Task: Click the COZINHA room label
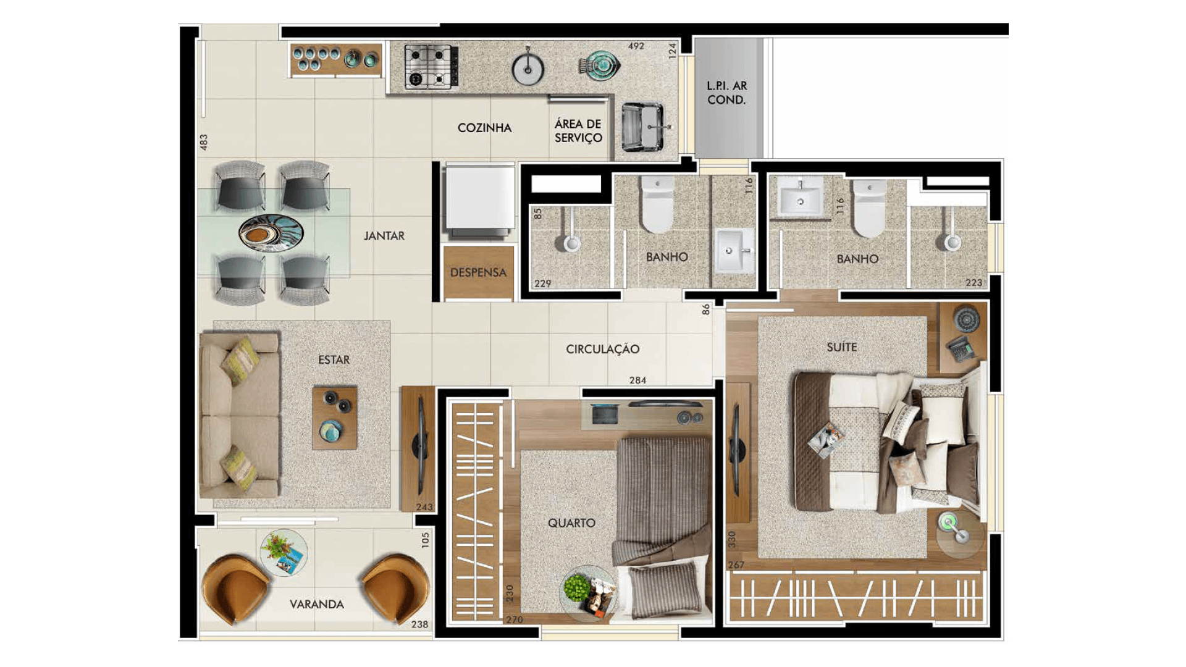pyautogui.click(x=484, y=128)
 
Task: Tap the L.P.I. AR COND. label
pyautogui.click(x=727, y=93)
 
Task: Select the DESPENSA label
pyautogui.click(x=478, y=272)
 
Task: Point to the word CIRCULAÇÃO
pyautogui.click(x=602, y=349)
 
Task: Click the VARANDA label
pyautogui.click(x=317, y=604)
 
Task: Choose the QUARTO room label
pyautogui.click(x=571, y=523)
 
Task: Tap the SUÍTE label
pyautogui.click(x=842, y=347)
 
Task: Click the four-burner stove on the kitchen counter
pyautogui.click(x=431, y=67)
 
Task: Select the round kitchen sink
pyautogui.click(x=528, y=68)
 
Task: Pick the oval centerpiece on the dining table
pyautogui.click(x=271, y=233)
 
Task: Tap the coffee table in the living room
pyautogui.click(x=335, y=418)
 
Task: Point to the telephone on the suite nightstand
pyautogui.click(x=961, y=349)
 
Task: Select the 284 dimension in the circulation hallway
pyautogui.click(x=637, y=380)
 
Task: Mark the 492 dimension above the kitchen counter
pyautogui.click(x=636, y=46)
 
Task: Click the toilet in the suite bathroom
pyautogui.click(x=869, y=208)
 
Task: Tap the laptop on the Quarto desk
pyautogui.click(x=605, y=414)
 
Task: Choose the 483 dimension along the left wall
pyautogui.click(x=203, y=142)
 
